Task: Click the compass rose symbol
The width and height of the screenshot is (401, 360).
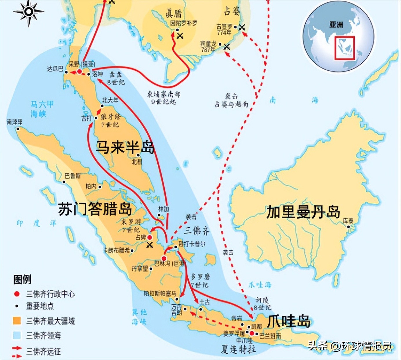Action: pyautogui.click(x=29, y=12)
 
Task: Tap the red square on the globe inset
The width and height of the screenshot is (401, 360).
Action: pyautogui.click(x=345, y=48)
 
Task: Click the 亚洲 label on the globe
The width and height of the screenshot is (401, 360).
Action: pyautogui.click(x=336, y=25)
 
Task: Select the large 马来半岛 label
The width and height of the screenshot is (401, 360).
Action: pyautogui.click(x=125, y=147)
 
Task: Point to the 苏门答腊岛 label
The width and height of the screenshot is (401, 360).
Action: pyautogui.click(x=95, y=209)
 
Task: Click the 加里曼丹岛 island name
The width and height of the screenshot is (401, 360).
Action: pyautogui.click(x=303, y=212)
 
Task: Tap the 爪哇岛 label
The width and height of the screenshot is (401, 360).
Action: pyautogui.click(x=288, y=321)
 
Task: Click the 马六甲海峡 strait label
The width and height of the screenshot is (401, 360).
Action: pyautogui.click(x=42, y=109)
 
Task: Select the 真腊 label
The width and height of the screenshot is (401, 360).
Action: pyautogui.click(x=174, y=13)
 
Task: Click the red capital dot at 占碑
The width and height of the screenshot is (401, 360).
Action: pyautogui.click(x=150, y=237)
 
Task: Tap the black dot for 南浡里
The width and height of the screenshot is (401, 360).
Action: pyautogui.click(x=18, y=129)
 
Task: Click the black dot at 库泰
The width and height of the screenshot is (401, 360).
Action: pyautogui.click(x=349, y=227)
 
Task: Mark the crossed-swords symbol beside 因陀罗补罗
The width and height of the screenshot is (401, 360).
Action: pyautogui.click(x=180, y=36)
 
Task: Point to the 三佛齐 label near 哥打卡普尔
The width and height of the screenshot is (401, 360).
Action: pyautogui.click(x=196, y=231)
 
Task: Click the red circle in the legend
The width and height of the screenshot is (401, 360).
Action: pyautogui.click(x=17, y=294)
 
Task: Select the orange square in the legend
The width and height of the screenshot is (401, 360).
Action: pyautogui.click(x=17, y=321)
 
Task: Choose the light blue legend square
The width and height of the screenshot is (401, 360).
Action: pyautogui.click(x=17, y=335)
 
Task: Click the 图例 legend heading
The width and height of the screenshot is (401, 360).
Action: pyautogui.click(x=22, y=279)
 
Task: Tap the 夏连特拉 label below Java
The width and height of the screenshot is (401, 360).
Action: pyautogui.click(x=238, y=349)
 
